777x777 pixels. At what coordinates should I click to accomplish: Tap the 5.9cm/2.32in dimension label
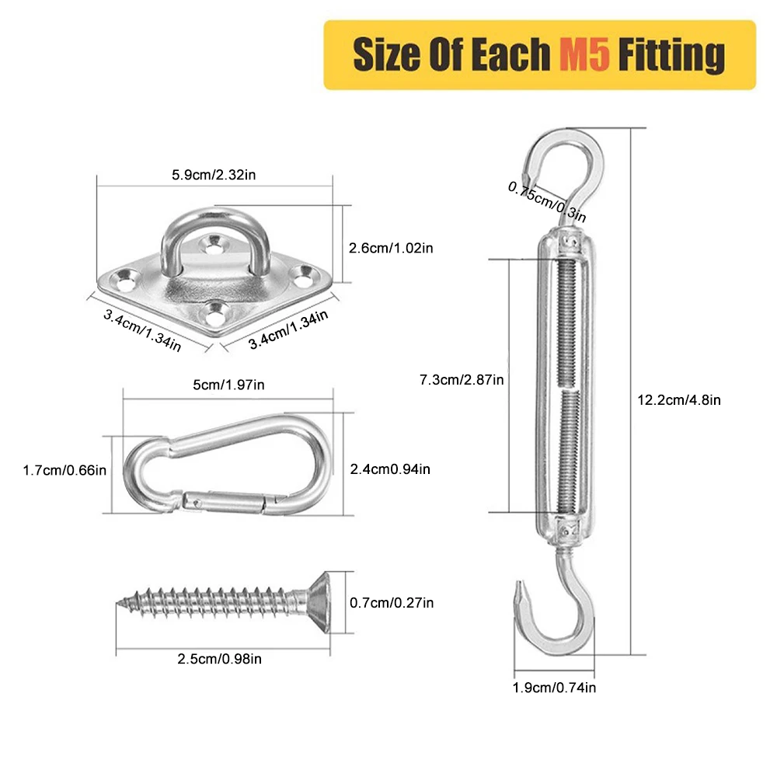214,175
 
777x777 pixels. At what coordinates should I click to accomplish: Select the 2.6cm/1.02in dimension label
392,248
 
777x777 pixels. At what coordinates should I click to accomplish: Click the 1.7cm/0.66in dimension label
64,469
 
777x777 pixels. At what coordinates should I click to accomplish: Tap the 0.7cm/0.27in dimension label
392,602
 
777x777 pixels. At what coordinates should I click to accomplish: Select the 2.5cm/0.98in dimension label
221,659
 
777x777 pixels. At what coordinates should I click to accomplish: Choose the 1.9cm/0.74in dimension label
554,687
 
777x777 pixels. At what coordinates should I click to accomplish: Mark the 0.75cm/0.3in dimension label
546,200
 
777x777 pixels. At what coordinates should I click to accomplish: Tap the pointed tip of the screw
121,602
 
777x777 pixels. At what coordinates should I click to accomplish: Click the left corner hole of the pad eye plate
123,274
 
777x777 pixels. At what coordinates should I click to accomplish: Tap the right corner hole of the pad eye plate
304,274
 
